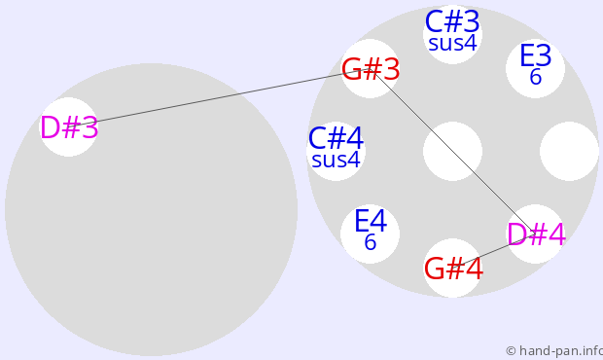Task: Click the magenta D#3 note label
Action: (x=69, y=127)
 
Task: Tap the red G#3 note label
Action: (x=371, y=70)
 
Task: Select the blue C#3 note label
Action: (x=452, y=22)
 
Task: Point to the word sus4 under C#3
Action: (x=452, y=43)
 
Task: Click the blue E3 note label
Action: (x=535, y=55)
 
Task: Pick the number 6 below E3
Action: (x=535, y=77)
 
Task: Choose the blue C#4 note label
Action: (x=336, y=138)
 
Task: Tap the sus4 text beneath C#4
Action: (x=336, y=160)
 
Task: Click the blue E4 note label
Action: (x=370, y=221)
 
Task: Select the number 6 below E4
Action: (x=370, y=242)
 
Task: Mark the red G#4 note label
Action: (x=453, y=269)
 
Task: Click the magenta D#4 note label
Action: (x=537, y=234)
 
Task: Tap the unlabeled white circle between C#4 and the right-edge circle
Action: (x=452, y=151)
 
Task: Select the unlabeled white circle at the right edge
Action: (x=569, y=151)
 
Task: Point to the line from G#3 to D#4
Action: (x=452, y=151)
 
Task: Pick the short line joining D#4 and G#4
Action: (x=494, y=251)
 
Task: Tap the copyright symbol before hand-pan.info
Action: (x=511, y=351)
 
